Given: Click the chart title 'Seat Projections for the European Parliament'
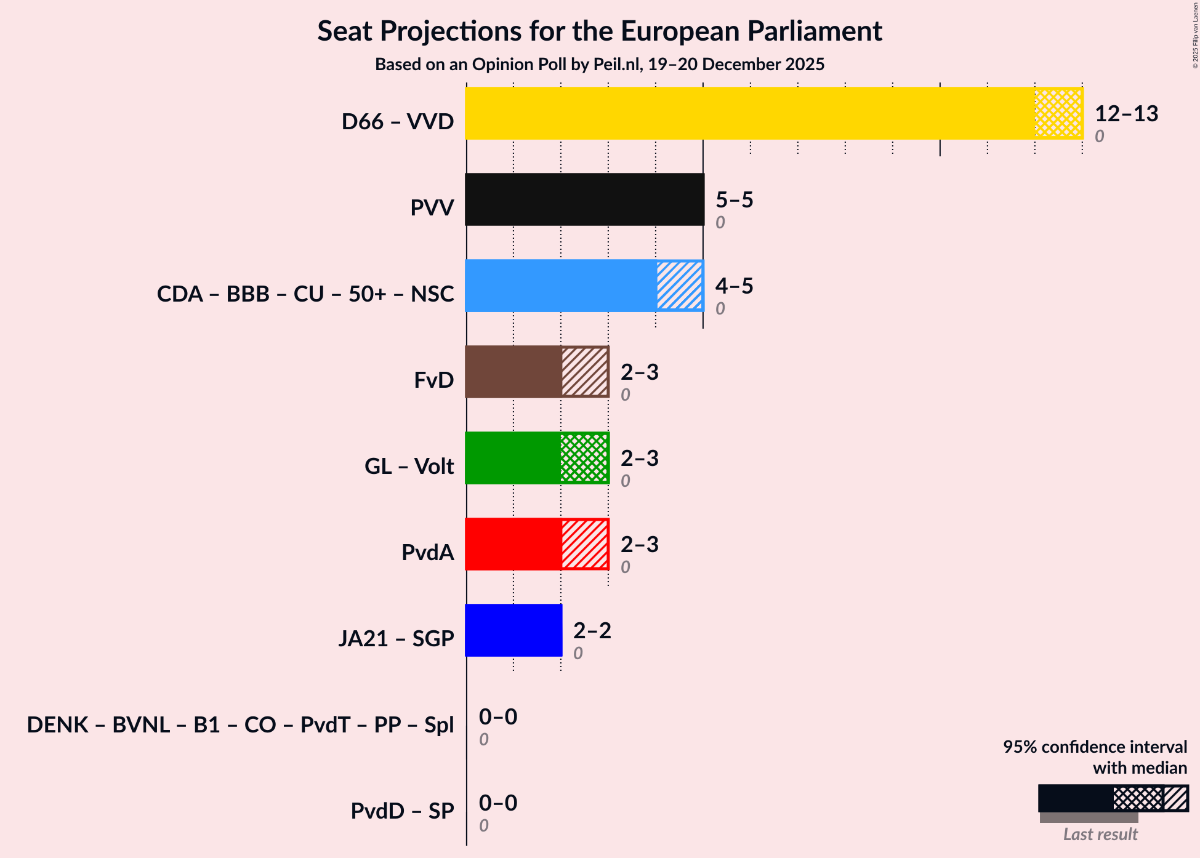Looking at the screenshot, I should (600, 31).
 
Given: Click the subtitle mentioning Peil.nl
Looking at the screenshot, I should (600, 65).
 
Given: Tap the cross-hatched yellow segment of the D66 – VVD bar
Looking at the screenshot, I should (1058, 113).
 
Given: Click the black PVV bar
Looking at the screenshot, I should (584, 199).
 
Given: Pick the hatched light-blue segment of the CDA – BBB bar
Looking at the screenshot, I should (679, 286).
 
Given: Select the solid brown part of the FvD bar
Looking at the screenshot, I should (513, 372).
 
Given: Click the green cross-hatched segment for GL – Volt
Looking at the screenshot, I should (584, 458).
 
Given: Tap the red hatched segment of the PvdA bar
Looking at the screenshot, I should (584, 544).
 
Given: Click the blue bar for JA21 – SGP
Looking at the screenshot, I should (513, 630).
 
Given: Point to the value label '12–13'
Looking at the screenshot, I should (1126, 114).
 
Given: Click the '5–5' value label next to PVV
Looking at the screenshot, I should (734, 200).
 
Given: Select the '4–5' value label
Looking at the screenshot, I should (734, 286).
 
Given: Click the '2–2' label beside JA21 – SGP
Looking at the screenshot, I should (592, 631).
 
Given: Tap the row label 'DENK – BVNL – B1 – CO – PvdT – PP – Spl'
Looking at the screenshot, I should (240, 725).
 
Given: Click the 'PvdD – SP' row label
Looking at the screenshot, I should (402, 811).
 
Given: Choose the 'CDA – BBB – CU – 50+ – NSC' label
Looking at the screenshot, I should (305, 294).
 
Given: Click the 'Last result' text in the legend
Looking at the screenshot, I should (1100, 835).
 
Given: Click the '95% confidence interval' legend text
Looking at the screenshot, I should (1095, 747).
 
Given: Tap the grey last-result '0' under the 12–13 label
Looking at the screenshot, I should (1099, 136).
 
